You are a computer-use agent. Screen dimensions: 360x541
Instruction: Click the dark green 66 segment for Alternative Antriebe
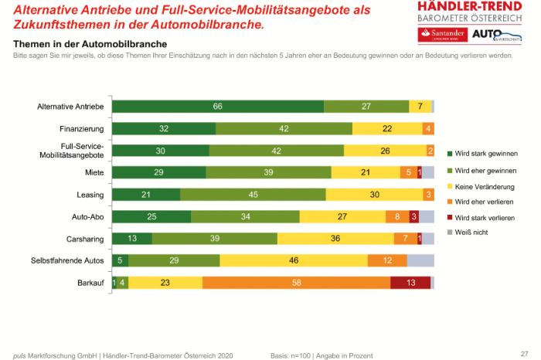218,107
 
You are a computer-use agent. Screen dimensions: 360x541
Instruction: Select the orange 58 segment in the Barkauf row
296,284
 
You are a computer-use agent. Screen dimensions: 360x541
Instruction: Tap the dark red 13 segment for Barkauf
410,284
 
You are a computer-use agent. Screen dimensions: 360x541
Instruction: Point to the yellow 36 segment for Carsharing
335,239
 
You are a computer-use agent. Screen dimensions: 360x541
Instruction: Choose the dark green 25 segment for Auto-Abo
151,217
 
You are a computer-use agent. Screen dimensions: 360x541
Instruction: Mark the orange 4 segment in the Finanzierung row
428,129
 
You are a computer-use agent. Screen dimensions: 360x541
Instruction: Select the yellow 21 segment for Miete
366,173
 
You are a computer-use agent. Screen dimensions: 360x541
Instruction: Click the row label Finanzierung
82,129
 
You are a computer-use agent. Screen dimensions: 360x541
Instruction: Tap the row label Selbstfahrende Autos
67,261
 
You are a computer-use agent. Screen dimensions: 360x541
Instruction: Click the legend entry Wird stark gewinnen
485,154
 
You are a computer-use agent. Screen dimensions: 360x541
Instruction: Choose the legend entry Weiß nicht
473,231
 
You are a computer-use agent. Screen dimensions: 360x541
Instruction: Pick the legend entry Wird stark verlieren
485,217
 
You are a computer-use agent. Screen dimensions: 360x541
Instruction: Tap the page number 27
525,352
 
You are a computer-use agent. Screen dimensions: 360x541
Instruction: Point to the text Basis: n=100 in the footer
290,355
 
